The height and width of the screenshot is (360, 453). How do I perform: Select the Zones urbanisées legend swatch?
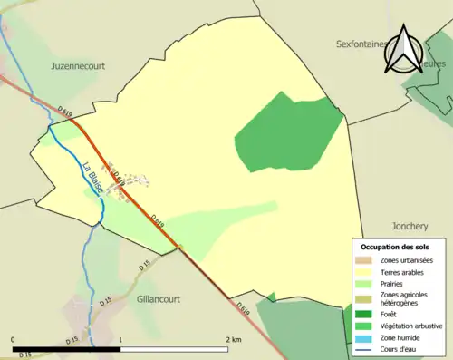click(367, 261)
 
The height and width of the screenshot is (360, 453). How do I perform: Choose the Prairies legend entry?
click(396, 284)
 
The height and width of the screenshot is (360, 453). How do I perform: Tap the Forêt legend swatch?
click(367, 314)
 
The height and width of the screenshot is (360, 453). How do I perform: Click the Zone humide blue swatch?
click(367, 336)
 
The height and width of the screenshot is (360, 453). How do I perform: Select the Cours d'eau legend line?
click(367, 347)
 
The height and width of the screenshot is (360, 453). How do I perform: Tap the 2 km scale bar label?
click(234, 340)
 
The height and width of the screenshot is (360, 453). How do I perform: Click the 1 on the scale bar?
click(121, 340)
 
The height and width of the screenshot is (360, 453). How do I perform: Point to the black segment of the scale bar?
click(67, 348)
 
